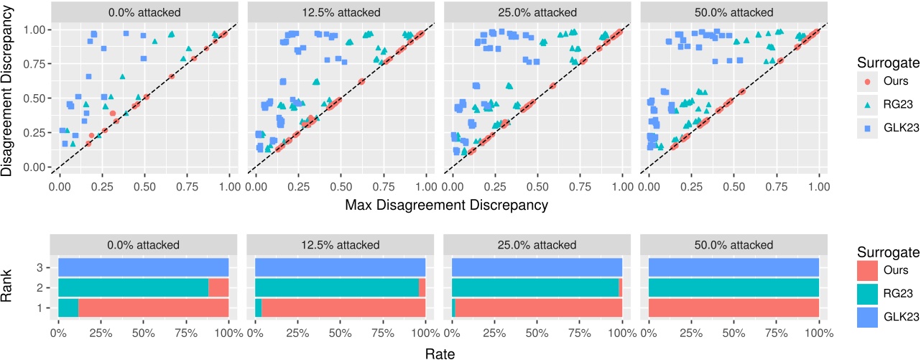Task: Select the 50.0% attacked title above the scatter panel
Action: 733,12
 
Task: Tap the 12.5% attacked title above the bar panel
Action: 340,245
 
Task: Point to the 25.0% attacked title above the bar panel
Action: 537,245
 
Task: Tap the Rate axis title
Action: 439,353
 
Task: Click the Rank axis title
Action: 10,287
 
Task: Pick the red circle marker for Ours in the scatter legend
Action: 869,81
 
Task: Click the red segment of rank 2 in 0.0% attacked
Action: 218,287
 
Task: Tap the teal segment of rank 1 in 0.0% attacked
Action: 68,308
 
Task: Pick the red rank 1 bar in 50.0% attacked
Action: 733,308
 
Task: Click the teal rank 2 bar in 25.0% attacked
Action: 535,287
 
